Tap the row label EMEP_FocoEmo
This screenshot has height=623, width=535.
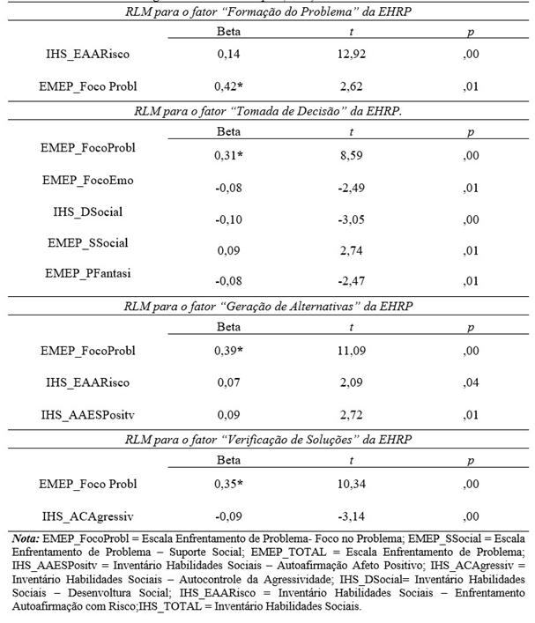tap(87, 180)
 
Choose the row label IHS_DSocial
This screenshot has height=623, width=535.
tap(88, 211)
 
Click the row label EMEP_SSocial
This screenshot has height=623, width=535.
tap(87, 241)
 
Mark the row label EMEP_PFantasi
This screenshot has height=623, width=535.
tap(87, 273)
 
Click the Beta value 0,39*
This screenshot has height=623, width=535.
tap(229, 352)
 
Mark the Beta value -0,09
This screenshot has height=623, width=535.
tap(227, 516)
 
